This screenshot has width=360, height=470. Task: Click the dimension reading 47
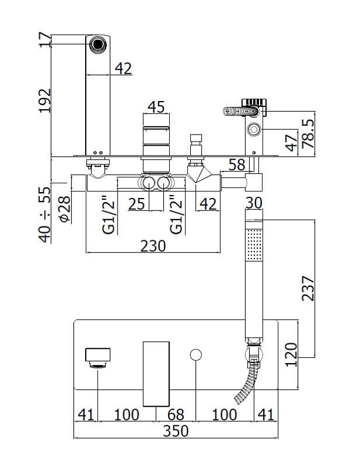[290, 143]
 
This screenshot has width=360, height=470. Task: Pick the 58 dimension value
[237, 166]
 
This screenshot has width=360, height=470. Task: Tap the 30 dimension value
[254, 203]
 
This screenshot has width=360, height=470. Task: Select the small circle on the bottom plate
[196, 354]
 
